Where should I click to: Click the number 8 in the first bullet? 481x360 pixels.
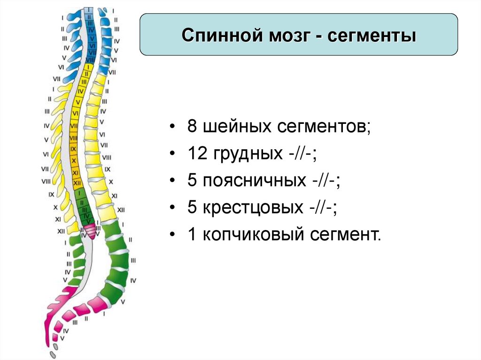click(192, 128)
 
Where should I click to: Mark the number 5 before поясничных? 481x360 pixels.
click(192, 181)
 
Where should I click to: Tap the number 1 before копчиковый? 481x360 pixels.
click(192, 235)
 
